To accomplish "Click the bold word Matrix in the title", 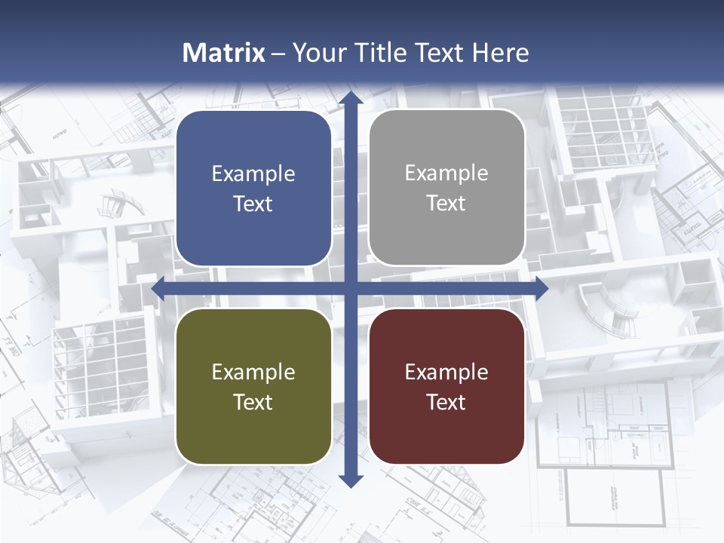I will [224, 53].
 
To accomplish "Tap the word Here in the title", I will [501, 53].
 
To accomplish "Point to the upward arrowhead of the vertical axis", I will [351, 97].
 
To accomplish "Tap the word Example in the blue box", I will [253, 174].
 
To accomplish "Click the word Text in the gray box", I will [446, 204].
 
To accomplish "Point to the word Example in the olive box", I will [253, 372].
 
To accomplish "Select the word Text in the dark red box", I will [446, 402].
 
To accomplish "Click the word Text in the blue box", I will [253, 204].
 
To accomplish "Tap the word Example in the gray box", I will [446, 173].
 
